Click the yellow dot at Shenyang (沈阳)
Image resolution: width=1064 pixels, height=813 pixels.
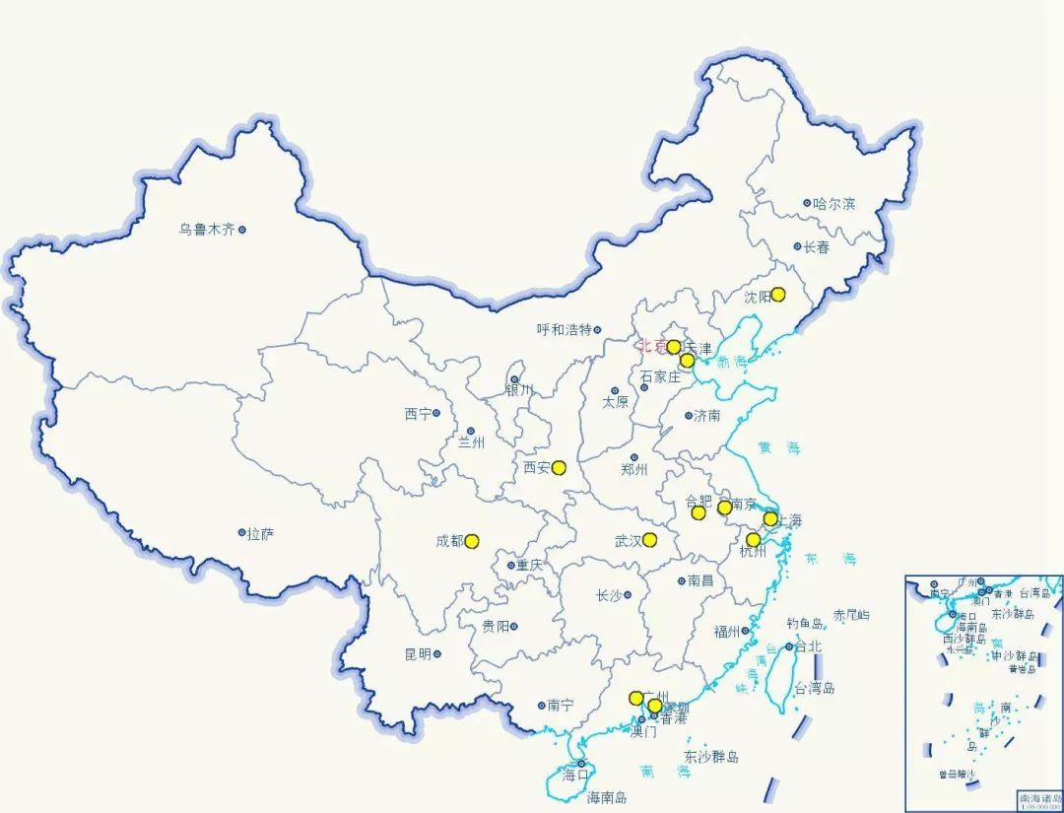[x=778, y=294]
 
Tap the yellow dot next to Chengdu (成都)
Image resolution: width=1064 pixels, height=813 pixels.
[x=472, y=541]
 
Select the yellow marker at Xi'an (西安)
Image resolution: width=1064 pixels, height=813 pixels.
[x=559, y=467]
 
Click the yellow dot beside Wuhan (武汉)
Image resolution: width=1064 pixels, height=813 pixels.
[x=650, y=539]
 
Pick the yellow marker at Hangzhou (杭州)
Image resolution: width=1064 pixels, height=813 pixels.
[x=754, y=539]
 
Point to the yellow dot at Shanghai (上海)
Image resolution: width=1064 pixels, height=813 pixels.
[x=770, y=518]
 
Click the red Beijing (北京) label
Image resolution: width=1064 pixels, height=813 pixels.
[x=651, y=346]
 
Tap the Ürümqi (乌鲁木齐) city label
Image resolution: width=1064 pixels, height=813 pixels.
[x=207, y=230]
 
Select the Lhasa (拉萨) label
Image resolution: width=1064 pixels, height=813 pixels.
[x=261, y=534]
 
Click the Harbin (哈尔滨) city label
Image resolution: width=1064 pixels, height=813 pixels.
[x=834, y=204]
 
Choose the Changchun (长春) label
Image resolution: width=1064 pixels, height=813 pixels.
[x=817, y=247]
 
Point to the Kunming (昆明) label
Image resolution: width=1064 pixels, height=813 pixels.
[x=417, y=654]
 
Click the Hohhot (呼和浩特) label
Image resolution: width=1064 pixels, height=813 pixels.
[x=564, y=330]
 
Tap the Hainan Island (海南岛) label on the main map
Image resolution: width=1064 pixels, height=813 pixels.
[x=607, y=797]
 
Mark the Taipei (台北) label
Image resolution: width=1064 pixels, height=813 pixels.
[x=808, y=646]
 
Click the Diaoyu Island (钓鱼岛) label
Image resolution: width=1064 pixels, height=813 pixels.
[x=805, y=624]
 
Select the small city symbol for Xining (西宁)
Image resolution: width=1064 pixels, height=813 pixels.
[x=437, y=414]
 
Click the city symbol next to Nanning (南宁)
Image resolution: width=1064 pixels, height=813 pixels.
[x=541, y=706]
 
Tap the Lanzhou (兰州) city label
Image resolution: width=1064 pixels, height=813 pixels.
[x=472, y=443]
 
